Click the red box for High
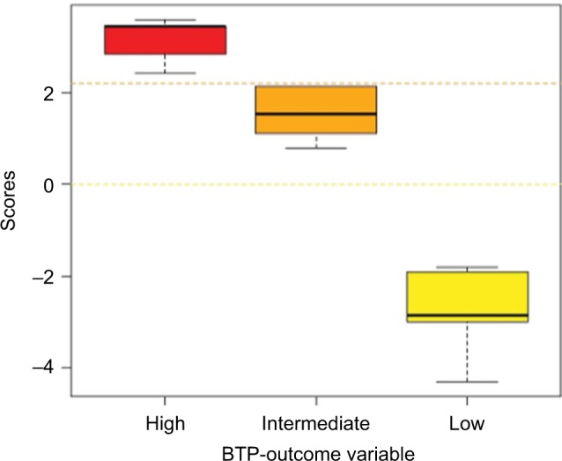click(165, 41)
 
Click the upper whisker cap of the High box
click(165, 20)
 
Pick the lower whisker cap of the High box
click(165, 73)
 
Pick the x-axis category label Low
click(468, 423)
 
